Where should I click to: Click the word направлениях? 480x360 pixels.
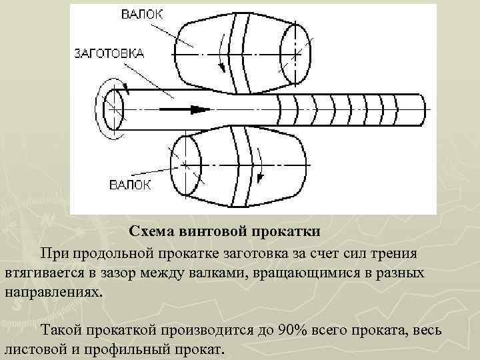click(x=54, y=293)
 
